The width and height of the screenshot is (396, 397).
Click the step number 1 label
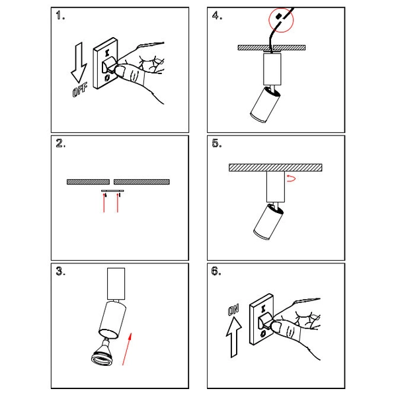60,15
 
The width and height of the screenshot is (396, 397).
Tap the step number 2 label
61,143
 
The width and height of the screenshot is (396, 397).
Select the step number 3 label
61,271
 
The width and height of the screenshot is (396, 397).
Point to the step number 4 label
217,15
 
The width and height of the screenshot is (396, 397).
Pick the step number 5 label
217,143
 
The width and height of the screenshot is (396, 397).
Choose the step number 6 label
216,271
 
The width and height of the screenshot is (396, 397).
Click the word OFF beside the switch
80,89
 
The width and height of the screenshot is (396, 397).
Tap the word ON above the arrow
233,310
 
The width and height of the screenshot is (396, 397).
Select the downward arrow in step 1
79,63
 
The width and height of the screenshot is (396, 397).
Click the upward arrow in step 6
234,337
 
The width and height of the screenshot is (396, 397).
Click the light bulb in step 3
102,353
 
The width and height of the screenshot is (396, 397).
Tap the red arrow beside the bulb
127,349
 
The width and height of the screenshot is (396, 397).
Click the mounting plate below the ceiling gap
112,191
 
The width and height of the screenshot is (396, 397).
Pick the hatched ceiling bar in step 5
276,167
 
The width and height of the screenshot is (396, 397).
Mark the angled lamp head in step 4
265,105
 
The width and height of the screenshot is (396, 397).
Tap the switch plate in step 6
262,320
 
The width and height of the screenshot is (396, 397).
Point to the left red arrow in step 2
104,202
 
